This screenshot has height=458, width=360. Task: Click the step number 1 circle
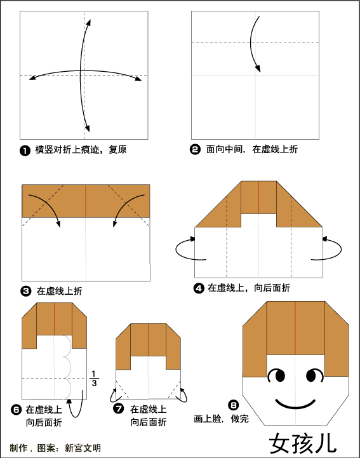coord(25,151)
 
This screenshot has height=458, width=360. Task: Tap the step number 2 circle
coord(195,149)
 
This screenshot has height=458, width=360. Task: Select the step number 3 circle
coord(25,291)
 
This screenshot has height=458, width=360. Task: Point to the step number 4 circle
coord(199,288)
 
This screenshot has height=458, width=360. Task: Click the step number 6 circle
coord(16,410)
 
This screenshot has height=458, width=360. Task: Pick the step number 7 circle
coord(118,408)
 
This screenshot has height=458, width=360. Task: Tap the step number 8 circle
coord(234,405)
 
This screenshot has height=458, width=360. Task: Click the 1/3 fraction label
coord(94,379)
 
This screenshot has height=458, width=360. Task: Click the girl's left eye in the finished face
coord(276,375)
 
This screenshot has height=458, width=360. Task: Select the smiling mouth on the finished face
coord(295,404)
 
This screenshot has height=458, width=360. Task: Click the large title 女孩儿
coord(303,443)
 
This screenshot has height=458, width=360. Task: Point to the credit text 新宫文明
coord(83,448)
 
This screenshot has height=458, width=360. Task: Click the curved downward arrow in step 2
coord(251,44)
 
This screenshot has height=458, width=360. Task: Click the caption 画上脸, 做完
coord(222,419)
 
